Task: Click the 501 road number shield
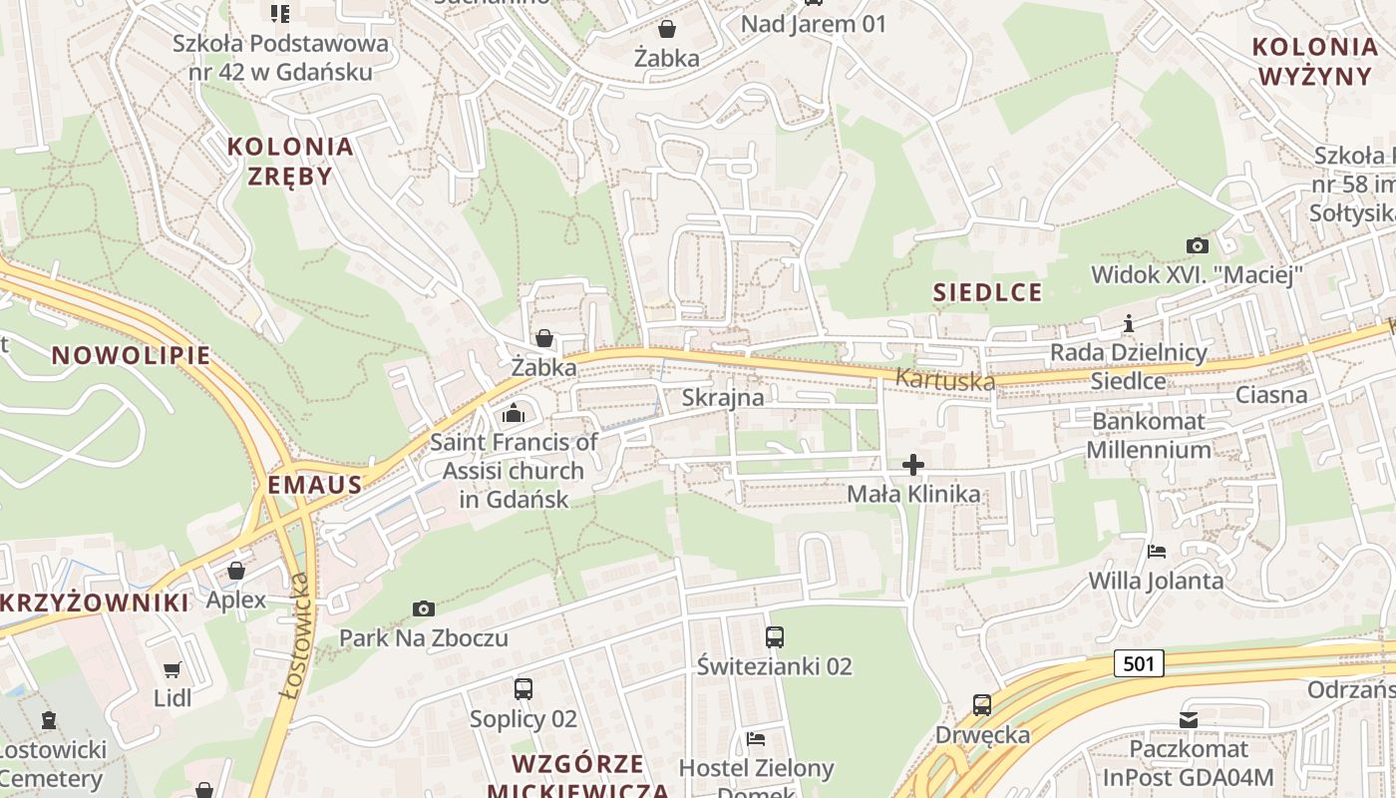coord(1138,663)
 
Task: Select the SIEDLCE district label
coord(987,292)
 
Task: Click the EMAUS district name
coord(314,486)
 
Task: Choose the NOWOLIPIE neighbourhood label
coord(131,355)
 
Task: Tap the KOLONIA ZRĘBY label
coord(290,161)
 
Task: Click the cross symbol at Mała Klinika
coord(912,465)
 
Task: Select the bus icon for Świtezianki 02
coord(774,636)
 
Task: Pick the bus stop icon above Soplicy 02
coord(523,688)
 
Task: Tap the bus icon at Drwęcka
coord(981,705)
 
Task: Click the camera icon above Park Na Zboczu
coord(423,608)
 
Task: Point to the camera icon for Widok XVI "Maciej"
coord(1197,245)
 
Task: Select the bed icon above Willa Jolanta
coord(1156,551)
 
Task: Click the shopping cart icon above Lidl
coord(172,668)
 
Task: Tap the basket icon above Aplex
coord(236,571)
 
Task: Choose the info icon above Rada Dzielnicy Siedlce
coord(1128,323)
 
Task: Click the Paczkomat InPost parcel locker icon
coord(1188,719)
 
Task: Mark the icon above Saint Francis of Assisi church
coord(514,413)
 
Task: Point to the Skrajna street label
coord(723,397)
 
